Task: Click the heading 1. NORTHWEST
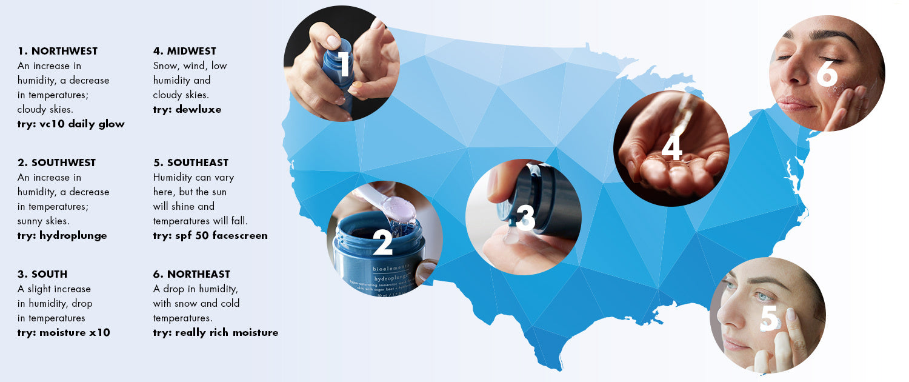pyautogui.click(x=58, y=51)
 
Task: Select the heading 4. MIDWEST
pyautogui.click(x=184, y=51)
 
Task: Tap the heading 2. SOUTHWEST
pyautogui.click(x=56, y=163)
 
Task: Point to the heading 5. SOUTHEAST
pyautogui.click(x=191, y=163)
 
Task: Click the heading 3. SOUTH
pyautogui.click(x=42, y=274)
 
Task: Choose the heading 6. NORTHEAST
pyautogui.click(x=191, y=274)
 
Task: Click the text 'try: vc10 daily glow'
pyautogui.click(x=71, y=124)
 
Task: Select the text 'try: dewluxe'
pyautogui.click(x=187, y=110)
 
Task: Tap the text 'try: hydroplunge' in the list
pyautogui.click(x=62, y=236)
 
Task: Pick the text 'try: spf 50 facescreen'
pyautogui.click(x=210, y=236)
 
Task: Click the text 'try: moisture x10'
pyautogui.click(x=64, y=333)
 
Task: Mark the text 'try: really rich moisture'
pyautogui.click(x=216, y=333)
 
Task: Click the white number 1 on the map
pyautogui.click(x=344, y=65)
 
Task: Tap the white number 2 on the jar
pyautogui.click(x=383, y=242)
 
